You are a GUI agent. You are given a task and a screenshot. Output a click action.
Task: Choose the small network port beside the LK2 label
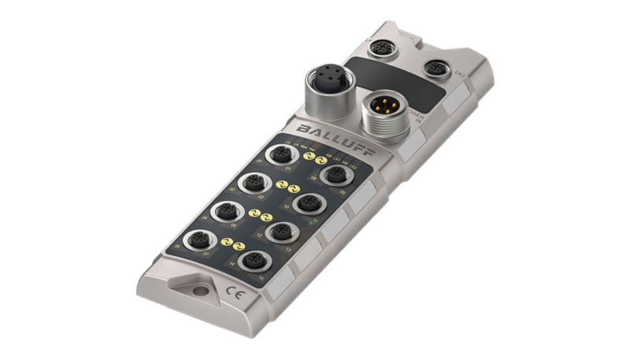pos(437,68)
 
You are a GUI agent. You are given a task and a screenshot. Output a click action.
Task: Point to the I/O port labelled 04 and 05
pos(226,212)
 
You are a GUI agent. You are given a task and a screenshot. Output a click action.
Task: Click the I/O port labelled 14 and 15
pos(252,261)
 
